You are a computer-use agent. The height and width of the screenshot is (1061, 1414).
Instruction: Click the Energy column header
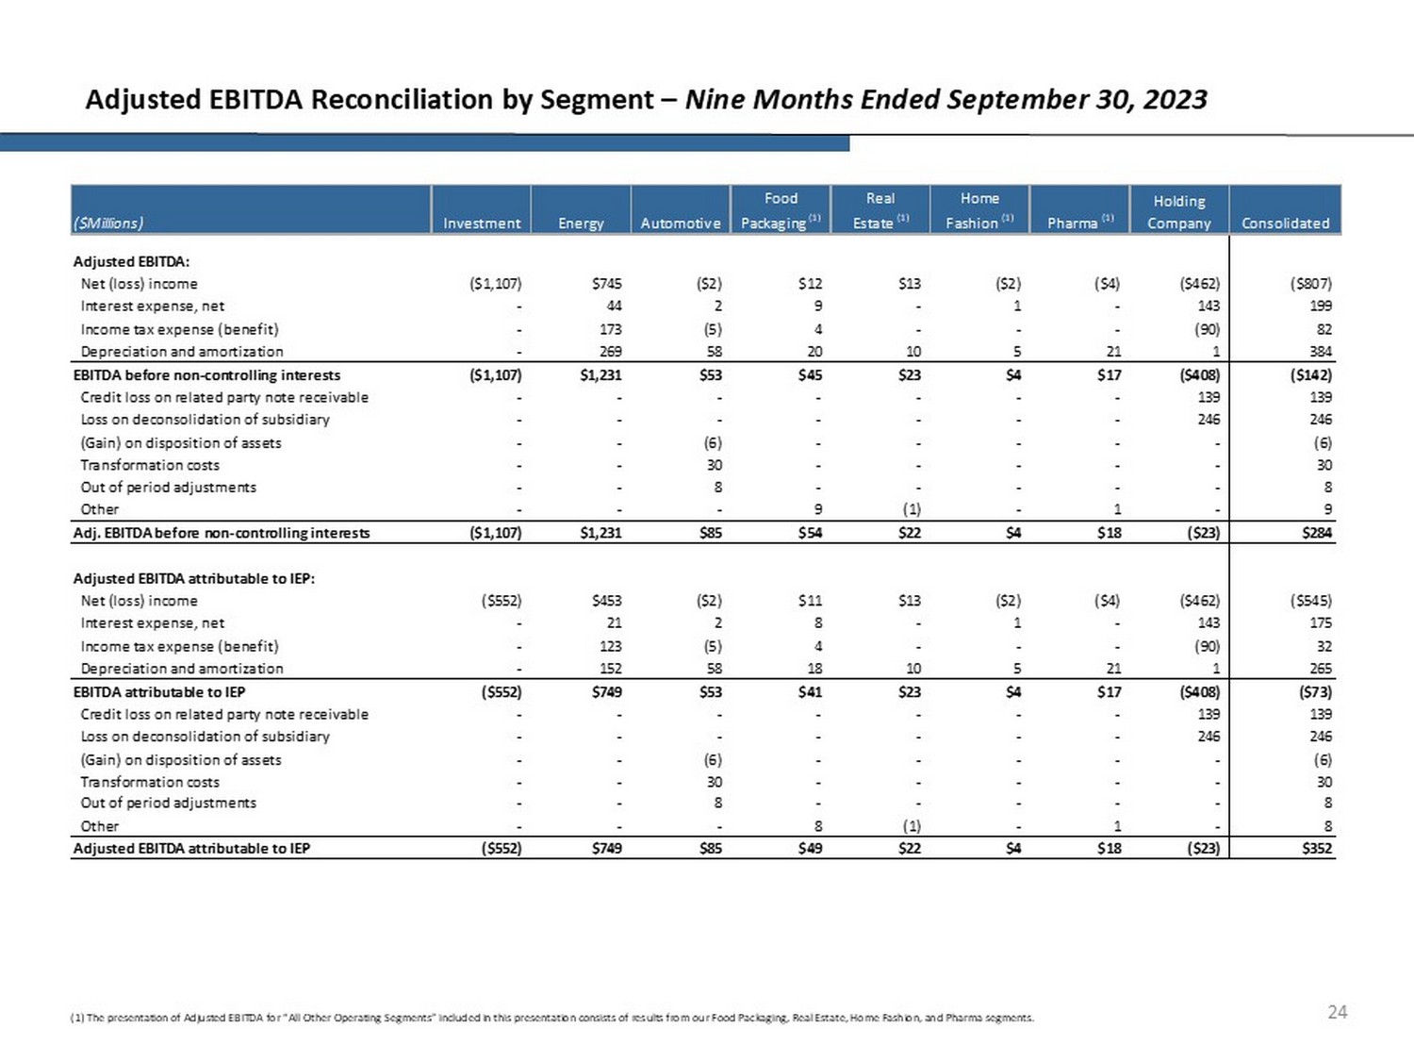tap(581, 224)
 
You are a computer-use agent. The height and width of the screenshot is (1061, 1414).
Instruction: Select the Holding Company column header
tap(1178, 212)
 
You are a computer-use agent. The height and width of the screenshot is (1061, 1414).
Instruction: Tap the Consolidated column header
tap(1285, 224)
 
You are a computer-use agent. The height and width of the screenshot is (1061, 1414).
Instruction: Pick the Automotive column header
tap(680, 224)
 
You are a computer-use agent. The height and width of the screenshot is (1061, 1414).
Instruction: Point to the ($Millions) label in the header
tap(108, 224)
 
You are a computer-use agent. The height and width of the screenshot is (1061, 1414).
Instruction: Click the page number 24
tap(1337, 1012)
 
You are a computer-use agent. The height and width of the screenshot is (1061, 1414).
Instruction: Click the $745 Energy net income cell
tap(606, 284)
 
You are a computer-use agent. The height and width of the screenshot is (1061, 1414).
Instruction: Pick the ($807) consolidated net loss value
tap(1311, 284)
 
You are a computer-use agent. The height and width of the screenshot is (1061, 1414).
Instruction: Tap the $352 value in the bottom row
tap(1317, 848)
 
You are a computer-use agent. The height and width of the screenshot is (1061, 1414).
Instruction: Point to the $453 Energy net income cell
tap(606, 601)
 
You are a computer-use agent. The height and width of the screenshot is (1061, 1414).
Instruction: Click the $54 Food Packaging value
tap(810, 533)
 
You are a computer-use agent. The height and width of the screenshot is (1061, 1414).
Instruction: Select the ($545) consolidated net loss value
tap(1311, 601)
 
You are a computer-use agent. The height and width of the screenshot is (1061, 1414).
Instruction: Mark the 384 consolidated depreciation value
tap(1320, 352)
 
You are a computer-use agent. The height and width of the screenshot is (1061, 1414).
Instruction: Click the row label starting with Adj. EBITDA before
tap(222, 533)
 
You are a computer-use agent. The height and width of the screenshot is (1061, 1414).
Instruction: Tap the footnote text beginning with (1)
tap(551, 1018)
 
